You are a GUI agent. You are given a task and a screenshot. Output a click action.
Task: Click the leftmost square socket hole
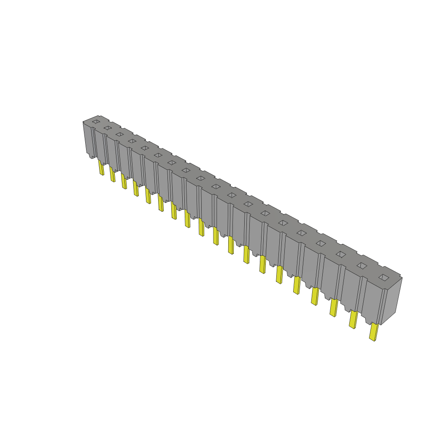click(96, 121)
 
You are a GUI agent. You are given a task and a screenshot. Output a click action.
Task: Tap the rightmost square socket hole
click(384, 277)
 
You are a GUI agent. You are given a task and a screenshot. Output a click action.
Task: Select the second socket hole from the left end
click(108, 127)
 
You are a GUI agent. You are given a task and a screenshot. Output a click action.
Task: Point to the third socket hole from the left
click(119, 134)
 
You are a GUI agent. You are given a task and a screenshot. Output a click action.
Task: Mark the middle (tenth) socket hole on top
click(216, 186)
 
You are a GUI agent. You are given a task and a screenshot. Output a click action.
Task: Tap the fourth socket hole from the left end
click(132, 141)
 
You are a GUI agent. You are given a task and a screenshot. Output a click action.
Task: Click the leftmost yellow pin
click(101, 167)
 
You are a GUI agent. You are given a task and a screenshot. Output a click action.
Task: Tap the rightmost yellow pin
click(373, 332)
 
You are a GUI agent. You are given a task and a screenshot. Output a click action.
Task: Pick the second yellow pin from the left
click(113, 174)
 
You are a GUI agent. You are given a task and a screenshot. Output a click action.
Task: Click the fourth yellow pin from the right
click(314, 296)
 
